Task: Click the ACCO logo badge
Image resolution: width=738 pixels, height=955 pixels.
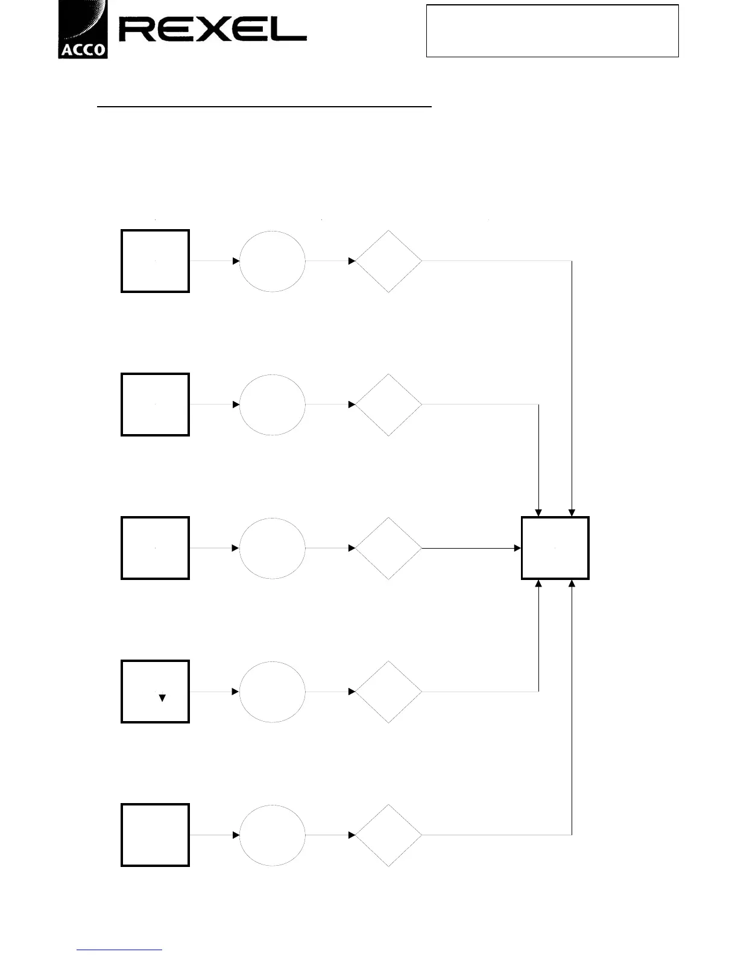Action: point(83,30)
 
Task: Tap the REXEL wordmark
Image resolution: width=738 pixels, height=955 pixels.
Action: point(212,30)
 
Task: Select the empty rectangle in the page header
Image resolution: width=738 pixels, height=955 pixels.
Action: point(552,31)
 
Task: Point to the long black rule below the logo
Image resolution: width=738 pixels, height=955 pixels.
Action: point(265,107)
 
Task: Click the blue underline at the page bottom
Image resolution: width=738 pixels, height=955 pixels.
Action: point(119,950)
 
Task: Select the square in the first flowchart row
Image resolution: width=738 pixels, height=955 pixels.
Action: point(156,261)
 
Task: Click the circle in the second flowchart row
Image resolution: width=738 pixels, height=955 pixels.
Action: point(273,405)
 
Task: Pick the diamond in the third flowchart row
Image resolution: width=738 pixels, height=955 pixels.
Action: point(389,548)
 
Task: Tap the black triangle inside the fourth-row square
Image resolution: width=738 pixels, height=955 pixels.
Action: point(162,698)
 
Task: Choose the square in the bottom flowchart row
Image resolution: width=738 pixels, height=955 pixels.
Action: point(156,835)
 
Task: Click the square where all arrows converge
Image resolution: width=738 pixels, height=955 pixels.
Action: point(555,548)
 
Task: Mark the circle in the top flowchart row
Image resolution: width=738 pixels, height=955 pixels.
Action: point(273,261)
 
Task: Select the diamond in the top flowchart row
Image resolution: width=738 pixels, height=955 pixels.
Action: point(389,261)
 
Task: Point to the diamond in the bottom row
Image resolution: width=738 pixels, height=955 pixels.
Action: point(389,835)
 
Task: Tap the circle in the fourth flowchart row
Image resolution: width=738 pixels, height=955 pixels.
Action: point(273,692)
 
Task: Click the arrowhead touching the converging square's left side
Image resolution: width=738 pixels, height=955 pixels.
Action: point(517,548)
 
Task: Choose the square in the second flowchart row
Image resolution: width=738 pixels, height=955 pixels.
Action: point(156,405)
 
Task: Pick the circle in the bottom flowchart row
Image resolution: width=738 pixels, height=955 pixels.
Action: point(273,835)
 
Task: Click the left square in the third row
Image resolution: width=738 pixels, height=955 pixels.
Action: point(156,548)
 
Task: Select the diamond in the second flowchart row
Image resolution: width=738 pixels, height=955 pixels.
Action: point(389,405)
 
